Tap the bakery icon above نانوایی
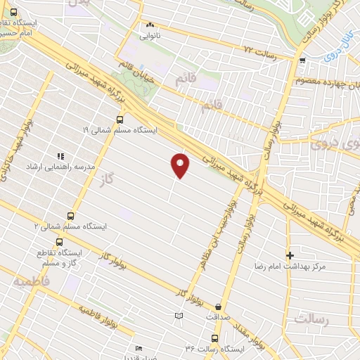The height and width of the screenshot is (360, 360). pyautogui.click(x=149, y=24)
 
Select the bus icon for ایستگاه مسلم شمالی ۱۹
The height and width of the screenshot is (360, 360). pyautogui.click(x=119, y=120)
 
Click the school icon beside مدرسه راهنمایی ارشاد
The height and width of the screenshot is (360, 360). pyautogui.click(x=61, y=156)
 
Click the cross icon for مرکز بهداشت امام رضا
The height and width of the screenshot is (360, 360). pyautogui.click(x=289, y=255)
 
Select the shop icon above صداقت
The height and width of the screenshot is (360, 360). pyautogui.click(x=220, y=307)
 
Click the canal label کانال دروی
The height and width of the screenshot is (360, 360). pyautogui.click(x=329, y=53)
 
